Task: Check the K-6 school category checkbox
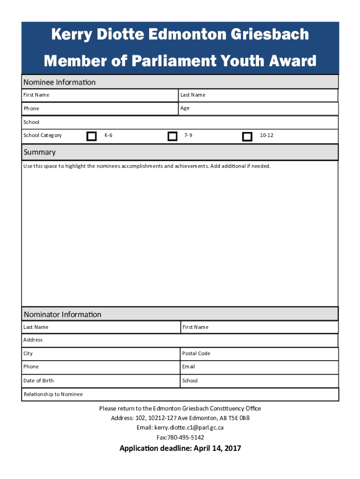(x=92, y=136)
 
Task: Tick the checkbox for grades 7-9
(x=173, y=136)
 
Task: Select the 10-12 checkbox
(x=247, y=137)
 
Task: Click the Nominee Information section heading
(x=59, y=82)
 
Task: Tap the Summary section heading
(x=40, y=152)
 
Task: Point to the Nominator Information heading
(x=63, y=314)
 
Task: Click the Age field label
(x=185, y=108)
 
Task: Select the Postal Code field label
(x=196, y=354)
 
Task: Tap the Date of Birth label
(x=38, y=381)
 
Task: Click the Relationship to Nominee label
(x=53, y=394)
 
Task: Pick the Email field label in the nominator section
(x=188, y=367)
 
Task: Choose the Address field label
(x=33, y=340)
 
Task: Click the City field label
(x=28, y=354)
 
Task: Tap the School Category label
(x=43, y=136)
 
